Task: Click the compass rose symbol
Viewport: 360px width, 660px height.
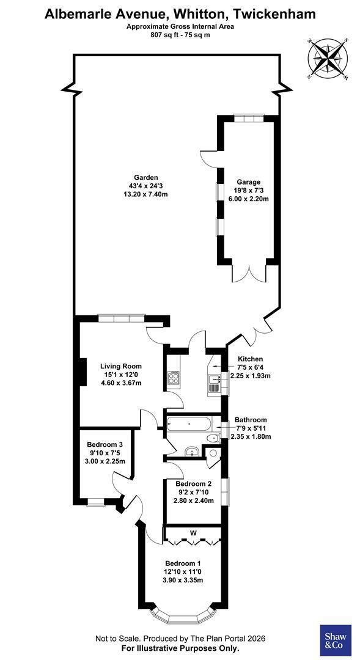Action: pyautogui.click(x=328, y=59)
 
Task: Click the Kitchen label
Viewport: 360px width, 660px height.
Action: pyautogui.click(x=251, y=359)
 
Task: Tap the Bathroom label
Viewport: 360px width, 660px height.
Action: pyautogui.click(x=251, y=420)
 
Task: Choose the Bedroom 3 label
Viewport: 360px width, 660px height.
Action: pyautogui.click(x=105, y=444)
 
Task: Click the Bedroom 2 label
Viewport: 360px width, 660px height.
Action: pyautogui.click(x=194, y=483)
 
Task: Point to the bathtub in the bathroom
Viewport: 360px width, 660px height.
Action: pyautogui.click(x=188, y=424)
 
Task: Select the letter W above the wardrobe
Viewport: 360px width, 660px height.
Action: pyautogui.click(x=193, y=533)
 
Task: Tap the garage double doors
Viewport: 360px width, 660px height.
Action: pyautogui.click(x=250, y=273)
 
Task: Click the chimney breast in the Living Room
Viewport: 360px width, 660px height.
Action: pyautogui.click(x=83, y=372)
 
